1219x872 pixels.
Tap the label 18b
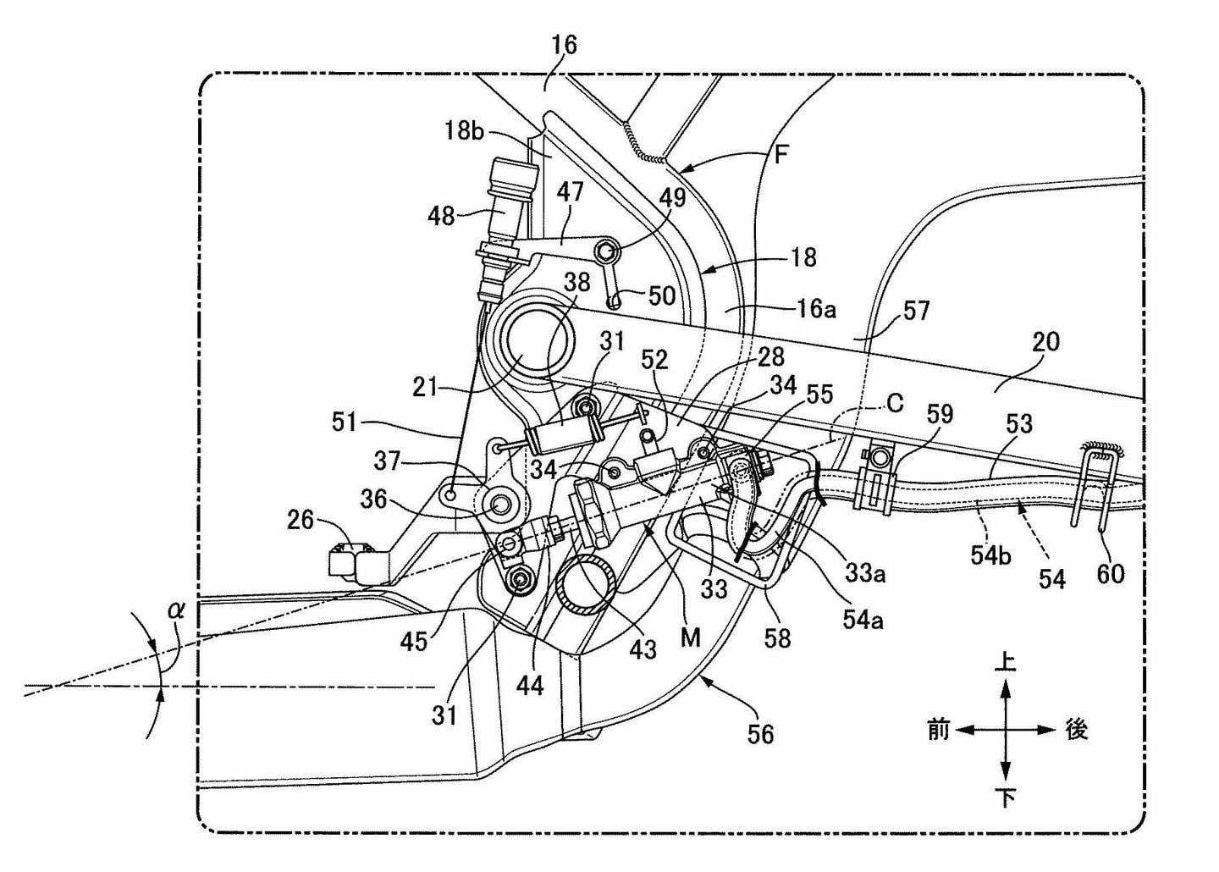pos(465,131)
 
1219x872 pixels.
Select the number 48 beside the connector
pos(441,216)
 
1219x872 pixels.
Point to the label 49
pos(673,197)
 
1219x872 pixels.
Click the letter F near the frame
pos(780,155)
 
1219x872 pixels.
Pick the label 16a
pos(816,309)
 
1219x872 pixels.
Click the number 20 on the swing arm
pos(1045,342)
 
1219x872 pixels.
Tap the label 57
pos(917,312)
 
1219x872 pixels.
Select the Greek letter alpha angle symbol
pos(176,610)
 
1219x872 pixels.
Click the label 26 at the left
pos(301,520)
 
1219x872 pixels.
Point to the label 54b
pos(991,555)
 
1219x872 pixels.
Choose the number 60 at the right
pos(1110,574)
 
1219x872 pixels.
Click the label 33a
pos(865,573)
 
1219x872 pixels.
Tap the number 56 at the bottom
pos(760,734)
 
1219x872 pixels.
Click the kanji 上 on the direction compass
pos(1005,663)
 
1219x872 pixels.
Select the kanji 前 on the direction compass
pos(938,730)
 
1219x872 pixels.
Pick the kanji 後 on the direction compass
pos(1076,730)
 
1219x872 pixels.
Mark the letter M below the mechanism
pos(691,637)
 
